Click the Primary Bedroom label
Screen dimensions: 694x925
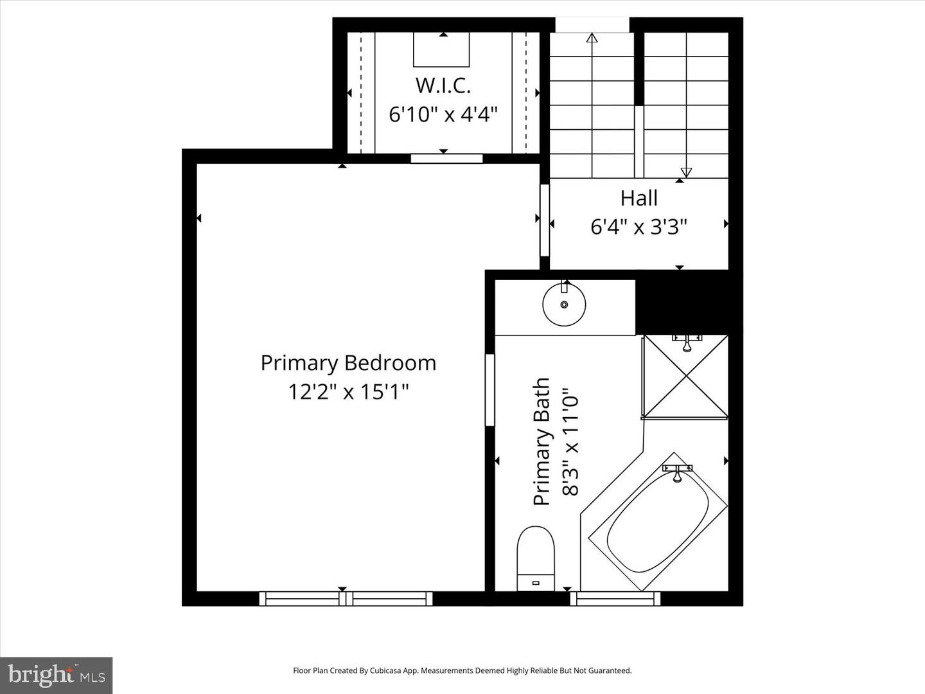pos(348,363)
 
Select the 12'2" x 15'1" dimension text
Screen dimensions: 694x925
pos(348,391)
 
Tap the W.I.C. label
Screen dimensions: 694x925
pos(443,85)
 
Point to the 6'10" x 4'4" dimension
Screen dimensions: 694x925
pos(443,114)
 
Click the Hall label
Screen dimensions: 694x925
pos(639,198)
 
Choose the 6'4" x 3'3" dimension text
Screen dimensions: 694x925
pos(639,227)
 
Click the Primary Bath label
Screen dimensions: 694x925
pos(542,441)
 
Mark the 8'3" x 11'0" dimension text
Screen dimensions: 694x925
pos(570,441)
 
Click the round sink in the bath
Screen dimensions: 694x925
pos(564,305)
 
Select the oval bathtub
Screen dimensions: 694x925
pos(658,521)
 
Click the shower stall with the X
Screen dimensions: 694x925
pos(686,377)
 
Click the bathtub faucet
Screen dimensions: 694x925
pos(677,472)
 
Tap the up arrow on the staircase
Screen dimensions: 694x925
pos(592,38)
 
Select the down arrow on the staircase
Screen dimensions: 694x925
pos(686,172)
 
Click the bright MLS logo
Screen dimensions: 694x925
pos(57,675)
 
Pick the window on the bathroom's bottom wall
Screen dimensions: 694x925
pos(615,599)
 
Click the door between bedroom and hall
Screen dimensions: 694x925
pos(545,220)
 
